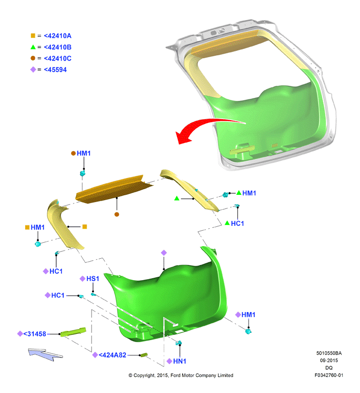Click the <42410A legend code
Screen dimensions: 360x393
[x=57, y=36]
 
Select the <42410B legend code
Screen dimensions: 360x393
[x=57, y=47]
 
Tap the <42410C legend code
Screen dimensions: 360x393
[x=57, y=59]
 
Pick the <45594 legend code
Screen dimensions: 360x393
[x=55, y=70]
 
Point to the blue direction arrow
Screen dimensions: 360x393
[x=45, y=354]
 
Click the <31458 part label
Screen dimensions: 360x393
[x=34, y=334]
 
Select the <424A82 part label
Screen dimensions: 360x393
[x=112, y=355]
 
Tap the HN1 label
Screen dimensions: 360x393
[x=180, y=361]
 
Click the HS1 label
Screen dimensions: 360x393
[x=93, y=279]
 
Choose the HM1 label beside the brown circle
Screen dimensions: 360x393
[x=84, y=153]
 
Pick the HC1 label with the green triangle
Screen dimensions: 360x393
[x=237, y=223]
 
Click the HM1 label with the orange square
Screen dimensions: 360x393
[x=38, y=227]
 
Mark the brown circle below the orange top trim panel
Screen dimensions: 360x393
[x=117, y=214]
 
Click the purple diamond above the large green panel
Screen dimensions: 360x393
[x=164, y=252]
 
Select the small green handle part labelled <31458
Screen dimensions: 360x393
[x=73, y=332]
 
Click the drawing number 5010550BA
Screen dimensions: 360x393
[x=329, y=353]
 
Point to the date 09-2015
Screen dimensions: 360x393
[x=329, y=361]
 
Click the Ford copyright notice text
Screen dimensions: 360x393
[x=181, y=375]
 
